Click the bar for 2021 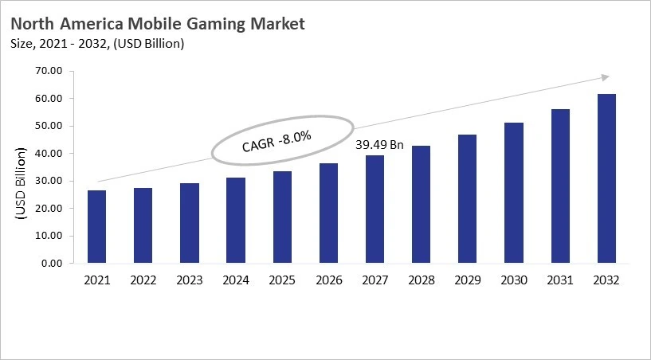pos(96,227)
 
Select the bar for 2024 pos(236,221)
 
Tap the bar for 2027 pos(375,209)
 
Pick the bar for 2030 pos(514,193)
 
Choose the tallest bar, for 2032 pos(606,178)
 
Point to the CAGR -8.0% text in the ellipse pos(276,143)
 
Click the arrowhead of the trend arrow pos(605,77)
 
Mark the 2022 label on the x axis pos(143,280)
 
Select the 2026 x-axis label pos(328,280)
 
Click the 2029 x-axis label pos(468,280)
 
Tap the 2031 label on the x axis pos(560,280)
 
